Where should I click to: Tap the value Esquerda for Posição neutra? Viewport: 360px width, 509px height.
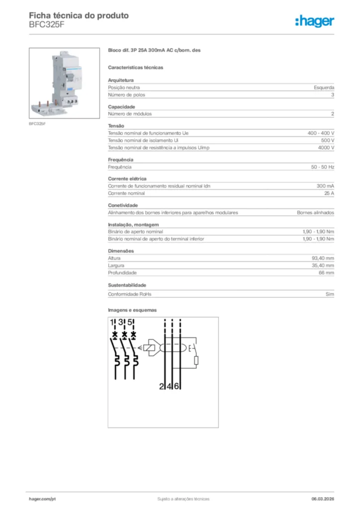324,87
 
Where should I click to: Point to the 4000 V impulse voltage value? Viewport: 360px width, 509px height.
326,148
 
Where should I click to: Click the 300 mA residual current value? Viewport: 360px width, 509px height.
325,186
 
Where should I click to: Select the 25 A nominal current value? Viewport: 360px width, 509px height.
329,193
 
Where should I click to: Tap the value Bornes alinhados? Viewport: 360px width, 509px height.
315,213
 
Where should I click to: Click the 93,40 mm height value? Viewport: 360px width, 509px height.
322,258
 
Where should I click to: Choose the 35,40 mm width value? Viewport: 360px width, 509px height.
322,265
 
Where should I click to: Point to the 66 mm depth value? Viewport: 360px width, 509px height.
326,273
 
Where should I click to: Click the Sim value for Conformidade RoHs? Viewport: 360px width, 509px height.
330,294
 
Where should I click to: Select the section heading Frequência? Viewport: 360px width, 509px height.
120,160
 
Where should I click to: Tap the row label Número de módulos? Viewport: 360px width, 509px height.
130,114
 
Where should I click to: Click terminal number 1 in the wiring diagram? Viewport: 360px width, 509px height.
113,323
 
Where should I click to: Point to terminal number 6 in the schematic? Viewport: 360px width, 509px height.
177,386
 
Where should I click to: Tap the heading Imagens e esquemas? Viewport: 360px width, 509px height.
132,310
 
